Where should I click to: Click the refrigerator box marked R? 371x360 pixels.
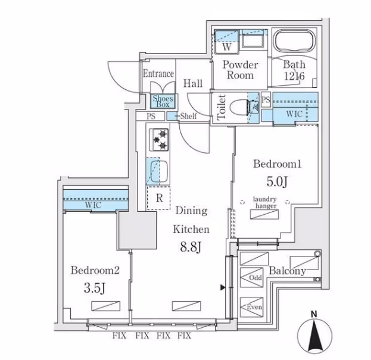pyautogui.click(x=159, y=199)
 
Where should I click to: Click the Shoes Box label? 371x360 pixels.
pyautogui.click(x=163, y=101)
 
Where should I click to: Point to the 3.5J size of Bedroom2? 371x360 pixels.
pyautogui.click(x=95, y=289)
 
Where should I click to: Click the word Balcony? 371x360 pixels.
pyautogui.click(x=288, y=271)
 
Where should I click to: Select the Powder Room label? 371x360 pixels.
pyautogui.click(x=241, y=70)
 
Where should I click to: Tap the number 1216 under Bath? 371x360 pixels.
pyautogui.click(x=294, y=76)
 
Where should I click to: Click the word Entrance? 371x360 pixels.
pyautogui.click(x=158, y=74)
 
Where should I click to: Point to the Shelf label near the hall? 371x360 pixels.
pyautogui.click(x=188, y=117)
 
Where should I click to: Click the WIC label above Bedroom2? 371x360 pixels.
pyautogui.click(x=92, y=205)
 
